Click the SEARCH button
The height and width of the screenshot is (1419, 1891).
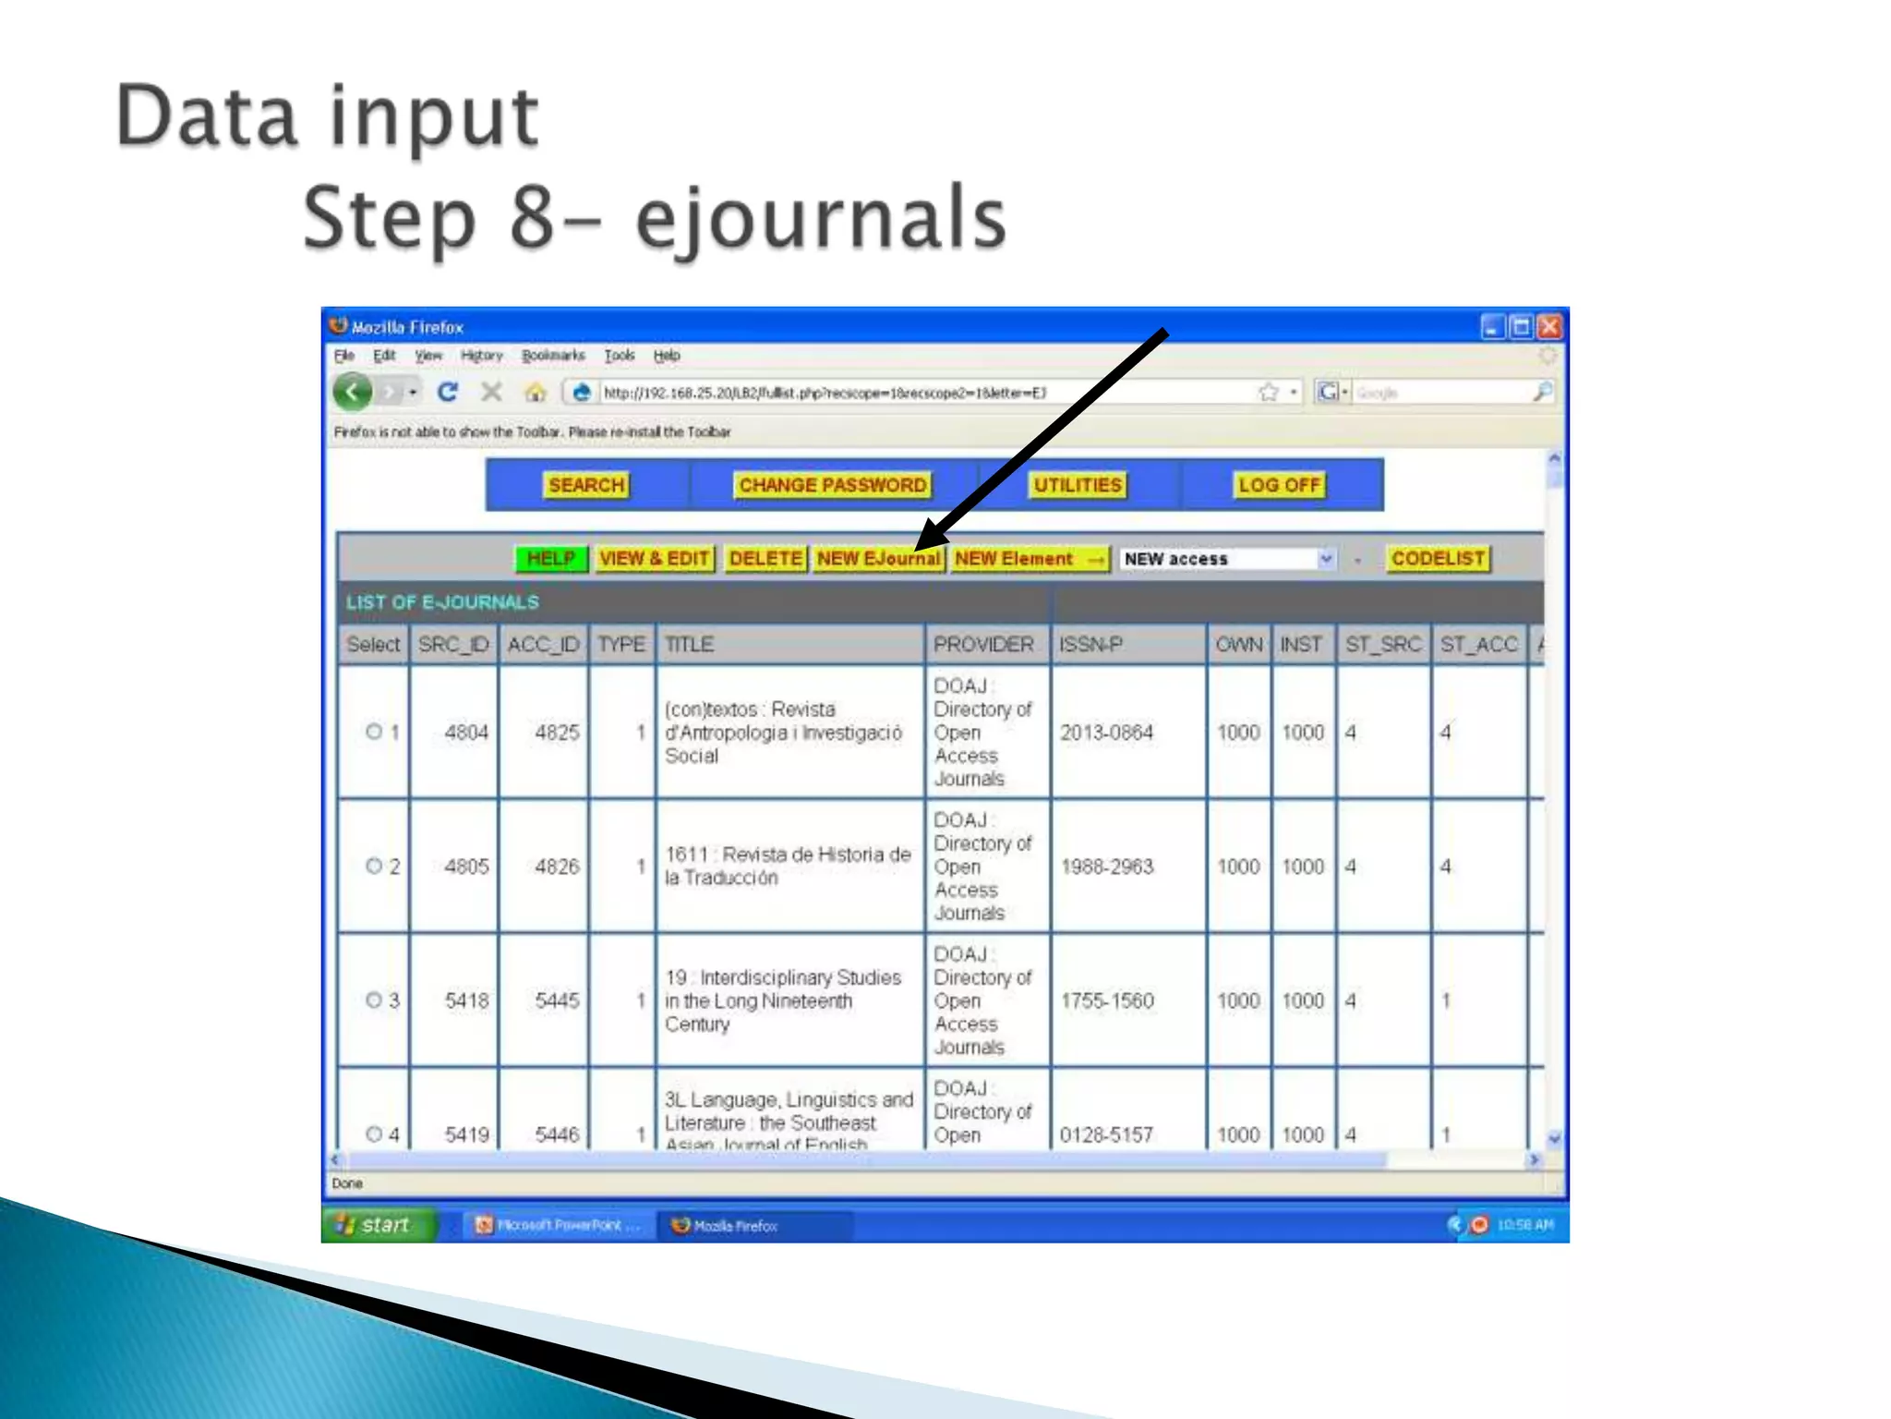coord(586,485)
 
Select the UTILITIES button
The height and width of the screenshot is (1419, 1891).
coord(1077,485)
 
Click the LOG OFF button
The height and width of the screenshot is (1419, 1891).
coord(1280,485)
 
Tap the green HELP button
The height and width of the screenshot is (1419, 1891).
coord(551,559)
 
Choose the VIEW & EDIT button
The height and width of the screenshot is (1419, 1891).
coord(654,559)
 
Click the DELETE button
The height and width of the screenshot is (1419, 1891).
coord(765,559)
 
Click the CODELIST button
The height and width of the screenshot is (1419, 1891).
coord(1438,559)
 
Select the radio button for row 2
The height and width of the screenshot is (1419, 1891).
coord(374,866)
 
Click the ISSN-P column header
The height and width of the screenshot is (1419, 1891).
coord(1090,644)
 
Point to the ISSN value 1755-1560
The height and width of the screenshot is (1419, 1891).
coord(1107,1001)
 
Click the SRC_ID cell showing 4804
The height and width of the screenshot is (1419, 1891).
coord(465,733)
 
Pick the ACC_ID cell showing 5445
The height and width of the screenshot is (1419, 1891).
coord(557,1001)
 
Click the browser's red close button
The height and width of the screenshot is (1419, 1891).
coord(1550,326)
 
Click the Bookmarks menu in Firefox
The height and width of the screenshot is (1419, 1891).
coord(552,356)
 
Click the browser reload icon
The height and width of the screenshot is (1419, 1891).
coord(448,393)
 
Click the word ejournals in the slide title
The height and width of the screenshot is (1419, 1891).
coord(821,220)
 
